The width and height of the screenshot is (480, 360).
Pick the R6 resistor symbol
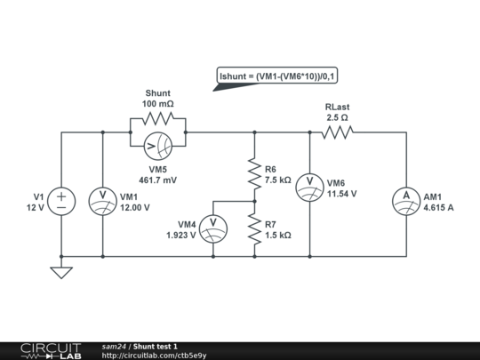(x=254, y=173)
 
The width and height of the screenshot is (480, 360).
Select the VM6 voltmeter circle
(x=308, y=181)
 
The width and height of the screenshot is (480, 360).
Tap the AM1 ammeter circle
(x=404, y=196)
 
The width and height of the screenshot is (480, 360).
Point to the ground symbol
(x=61, y=272)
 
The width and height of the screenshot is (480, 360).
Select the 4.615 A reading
(x=438, y=208)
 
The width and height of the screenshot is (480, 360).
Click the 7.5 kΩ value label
(x=278, y=179)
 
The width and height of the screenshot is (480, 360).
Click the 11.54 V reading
(x=341, y=193)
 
